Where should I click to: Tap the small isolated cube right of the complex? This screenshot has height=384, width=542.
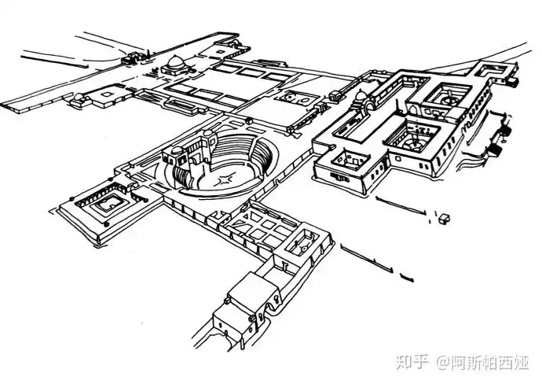tap(444, 216)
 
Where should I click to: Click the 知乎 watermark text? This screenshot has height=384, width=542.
tap(415, 363)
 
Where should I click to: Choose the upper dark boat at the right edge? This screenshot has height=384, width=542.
tap(507, 126)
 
